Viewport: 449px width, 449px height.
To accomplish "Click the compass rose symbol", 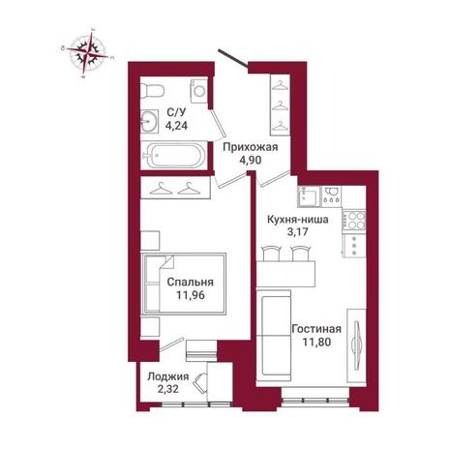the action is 88,53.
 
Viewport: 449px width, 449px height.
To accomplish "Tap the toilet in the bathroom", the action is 154,90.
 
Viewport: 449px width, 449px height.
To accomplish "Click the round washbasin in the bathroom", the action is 149,121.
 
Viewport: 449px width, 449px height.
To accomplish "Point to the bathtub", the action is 175,155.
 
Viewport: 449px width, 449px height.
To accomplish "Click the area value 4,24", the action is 176,125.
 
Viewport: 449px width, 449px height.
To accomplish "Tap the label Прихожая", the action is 251,147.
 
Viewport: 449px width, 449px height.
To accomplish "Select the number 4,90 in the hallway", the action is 251,160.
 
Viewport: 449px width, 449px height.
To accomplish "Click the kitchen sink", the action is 310,196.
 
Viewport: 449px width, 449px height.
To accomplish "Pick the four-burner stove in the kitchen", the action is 354,221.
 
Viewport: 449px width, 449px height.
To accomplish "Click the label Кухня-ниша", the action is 298,220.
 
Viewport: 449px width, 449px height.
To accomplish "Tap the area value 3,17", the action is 298,231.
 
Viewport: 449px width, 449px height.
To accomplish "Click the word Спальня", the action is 191,282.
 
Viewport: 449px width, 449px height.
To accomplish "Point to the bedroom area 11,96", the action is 191,295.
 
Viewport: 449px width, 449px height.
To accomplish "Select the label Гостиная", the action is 316,329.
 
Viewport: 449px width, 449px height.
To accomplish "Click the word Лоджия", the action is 168,376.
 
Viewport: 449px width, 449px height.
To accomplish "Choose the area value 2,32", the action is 168,389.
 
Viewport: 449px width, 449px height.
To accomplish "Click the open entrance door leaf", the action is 233,59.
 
